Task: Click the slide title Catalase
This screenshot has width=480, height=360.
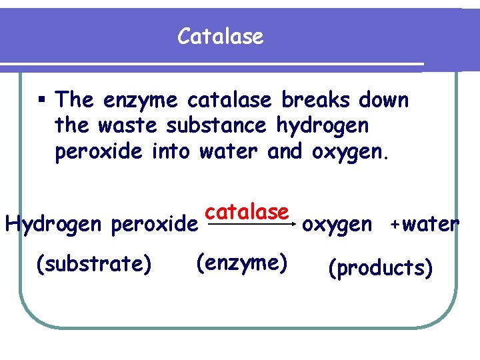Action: click(x=221, y=37)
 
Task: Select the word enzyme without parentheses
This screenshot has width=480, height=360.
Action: click(x=141, y=101)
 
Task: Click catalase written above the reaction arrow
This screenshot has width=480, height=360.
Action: click(x=247, y=211)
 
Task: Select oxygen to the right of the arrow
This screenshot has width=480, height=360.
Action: click(x=337, y=225)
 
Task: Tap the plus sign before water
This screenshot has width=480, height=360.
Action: click(x=395, y=224)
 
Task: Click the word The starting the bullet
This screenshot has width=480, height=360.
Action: click(x=75, y=101)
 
